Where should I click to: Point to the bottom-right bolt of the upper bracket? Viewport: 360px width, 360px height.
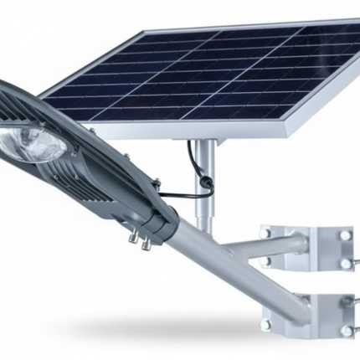click(345, 265)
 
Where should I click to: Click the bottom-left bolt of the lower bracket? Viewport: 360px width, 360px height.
click(266, 322)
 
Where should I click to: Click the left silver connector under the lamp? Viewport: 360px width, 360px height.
click(133, 237)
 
